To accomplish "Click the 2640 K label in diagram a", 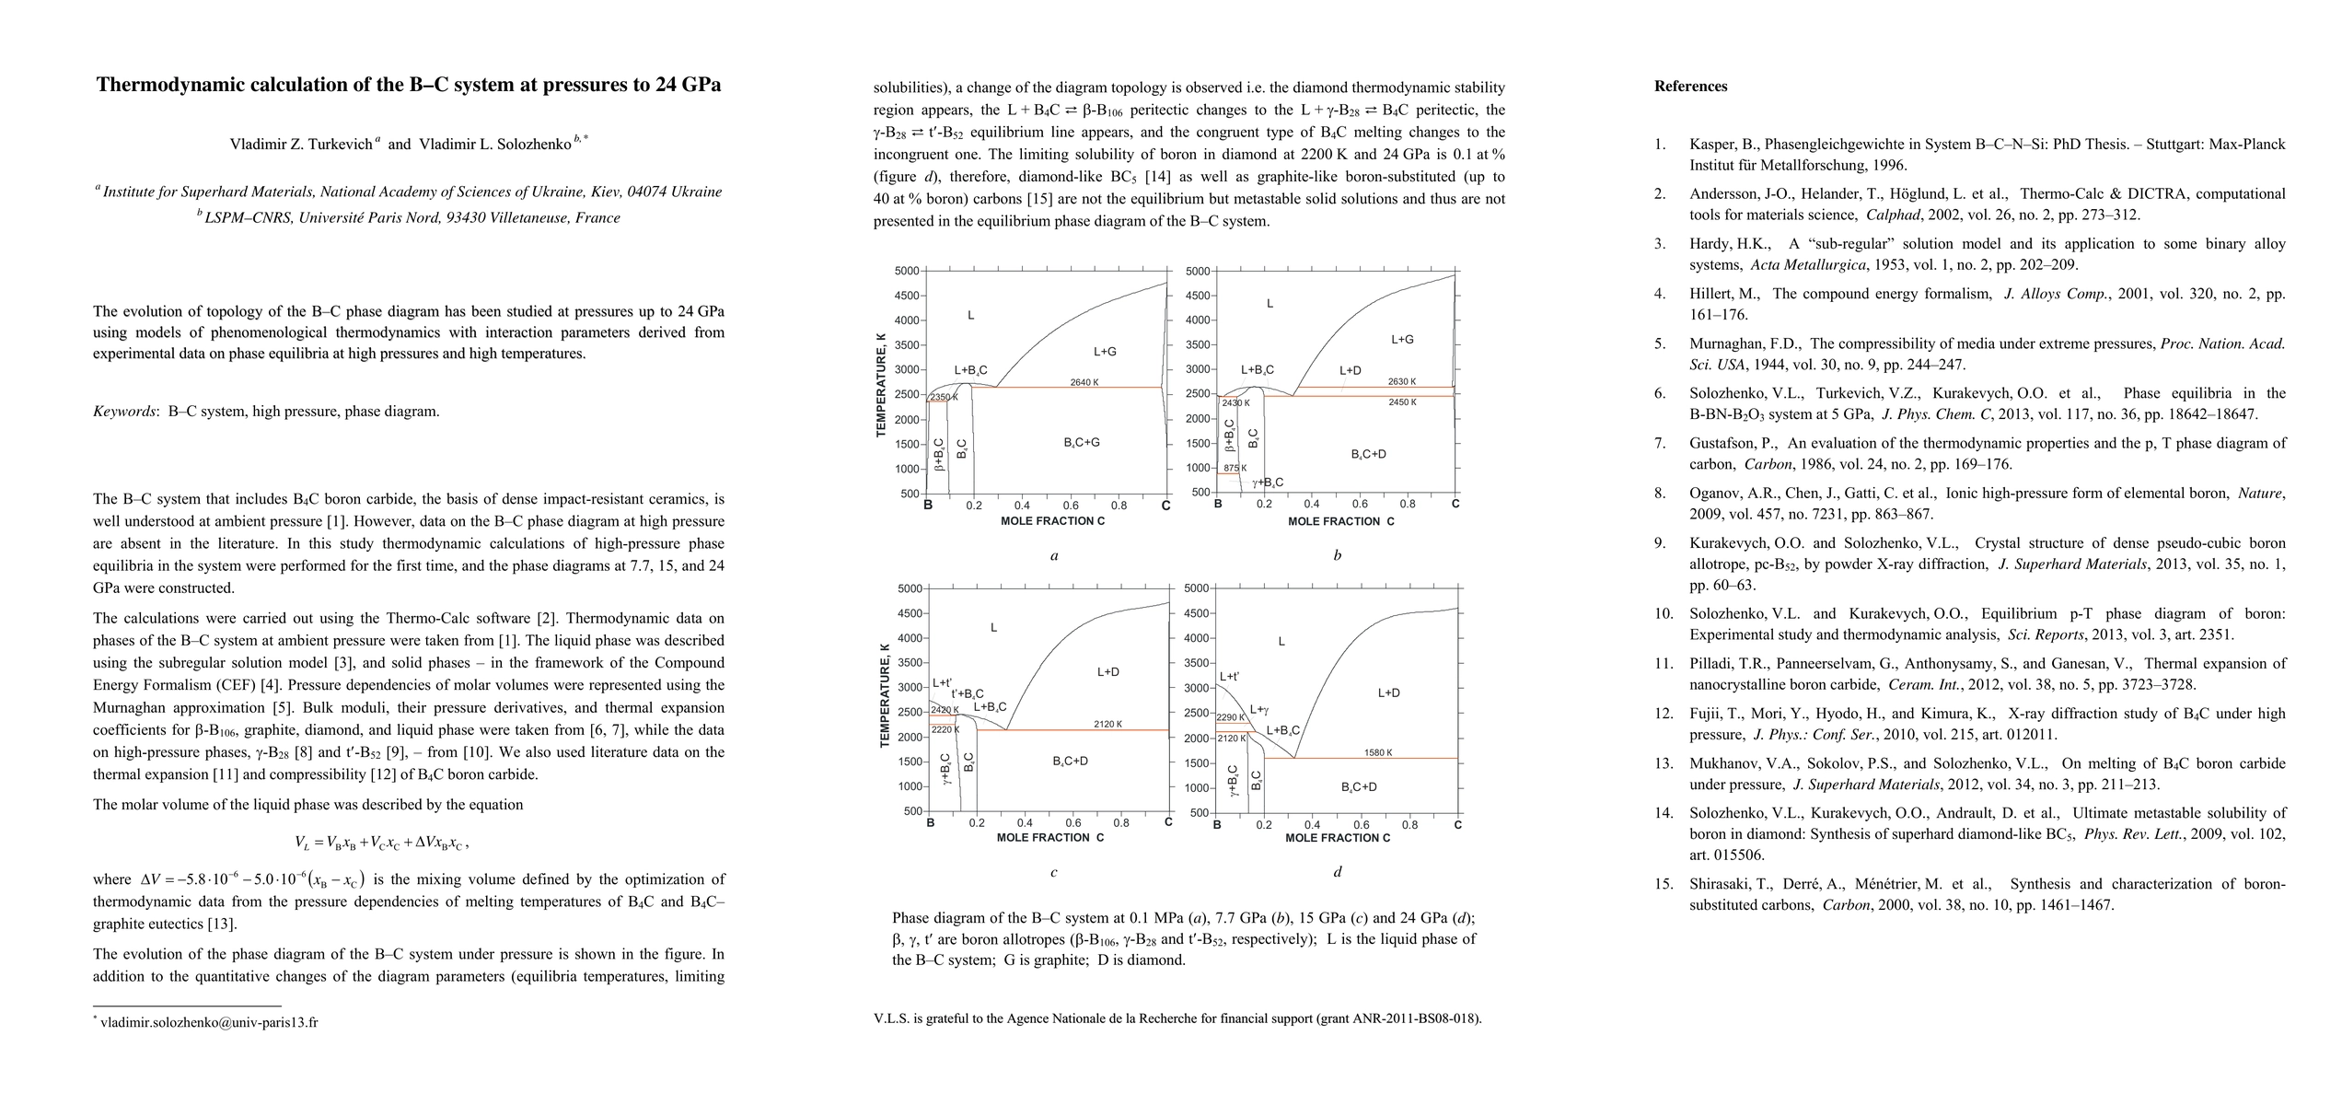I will (1084, 382).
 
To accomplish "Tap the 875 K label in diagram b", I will (1235, 469).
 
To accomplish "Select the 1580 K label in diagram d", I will (1377, 752).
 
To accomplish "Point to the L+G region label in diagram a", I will (1105, 351).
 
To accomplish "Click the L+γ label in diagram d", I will (1259, 710).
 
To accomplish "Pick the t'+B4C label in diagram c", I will (968, 693).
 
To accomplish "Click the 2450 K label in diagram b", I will (1402, 402).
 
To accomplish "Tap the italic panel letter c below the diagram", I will (1053, 872).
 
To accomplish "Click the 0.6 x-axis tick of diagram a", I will (1071, 506).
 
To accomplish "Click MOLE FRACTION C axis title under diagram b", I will (1340, 521).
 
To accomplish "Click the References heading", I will (1690, 87).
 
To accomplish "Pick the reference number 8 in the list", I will (1659, 494).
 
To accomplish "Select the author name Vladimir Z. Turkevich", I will (301, 144).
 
